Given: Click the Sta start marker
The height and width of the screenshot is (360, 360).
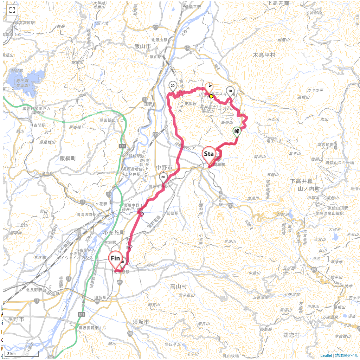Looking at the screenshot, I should (x=209, y=155).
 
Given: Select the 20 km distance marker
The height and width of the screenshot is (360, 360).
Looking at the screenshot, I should (x=173, y=86).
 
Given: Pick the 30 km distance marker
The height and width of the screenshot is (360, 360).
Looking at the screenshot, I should (x=163, y=177).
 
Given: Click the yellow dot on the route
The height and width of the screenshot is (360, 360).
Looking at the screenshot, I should (x=211, y=96).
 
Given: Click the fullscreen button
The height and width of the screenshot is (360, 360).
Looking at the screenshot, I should (x=12, y=10).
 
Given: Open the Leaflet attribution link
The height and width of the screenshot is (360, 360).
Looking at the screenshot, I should (x=326, y=355).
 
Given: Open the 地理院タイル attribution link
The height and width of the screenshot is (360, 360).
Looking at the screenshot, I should (x=346, y=355).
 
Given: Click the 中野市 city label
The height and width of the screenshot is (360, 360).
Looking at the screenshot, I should (x=164, y=167).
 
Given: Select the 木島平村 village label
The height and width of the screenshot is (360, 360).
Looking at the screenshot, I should (x=264, y=55).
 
